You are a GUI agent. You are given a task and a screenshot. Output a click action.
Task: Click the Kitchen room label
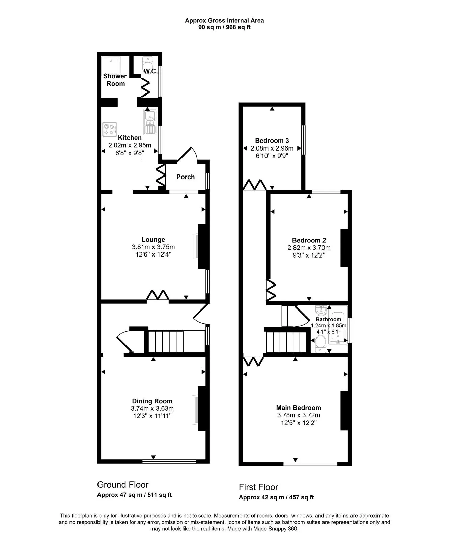(x=130, y=138)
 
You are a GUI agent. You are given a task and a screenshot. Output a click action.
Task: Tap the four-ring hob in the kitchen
(x=110, y=129)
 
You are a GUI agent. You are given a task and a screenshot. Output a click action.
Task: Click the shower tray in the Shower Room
(x=111, y=65)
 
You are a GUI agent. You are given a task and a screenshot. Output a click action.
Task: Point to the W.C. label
(x=150, y=71)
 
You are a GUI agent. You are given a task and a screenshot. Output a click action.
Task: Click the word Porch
(x=185, y=177)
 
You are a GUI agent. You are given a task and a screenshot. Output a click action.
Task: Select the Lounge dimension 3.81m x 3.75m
(x=153, y=247)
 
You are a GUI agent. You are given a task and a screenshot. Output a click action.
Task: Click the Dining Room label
(x=152, y=401)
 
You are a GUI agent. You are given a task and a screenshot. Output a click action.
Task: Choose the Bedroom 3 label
(x=272, y=141)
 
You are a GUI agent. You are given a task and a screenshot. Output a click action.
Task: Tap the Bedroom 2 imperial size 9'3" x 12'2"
(x=309, y=255)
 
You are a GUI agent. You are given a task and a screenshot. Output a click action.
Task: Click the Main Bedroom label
(x=299, y=408)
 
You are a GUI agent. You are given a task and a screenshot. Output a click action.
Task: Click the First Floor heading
(x=258, y=487)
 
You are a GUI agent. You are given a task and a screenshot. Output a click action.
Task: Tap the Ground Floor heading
(x=123, y=485)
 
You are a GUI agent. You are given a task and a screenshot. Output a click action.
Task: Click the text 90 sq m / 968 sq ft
(x=224, y=27)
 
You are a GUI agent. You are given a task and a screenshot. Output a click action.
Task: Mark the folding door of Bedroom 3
(x=255, y=185)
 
